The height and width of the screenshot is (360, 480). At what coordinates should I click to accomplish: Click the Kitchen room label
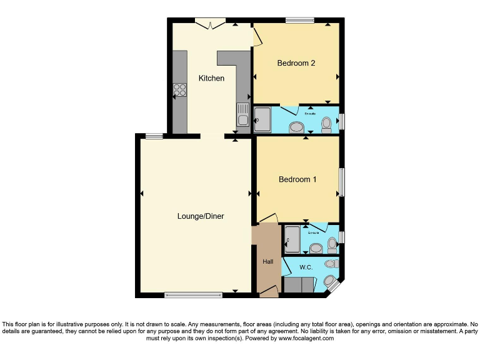(211, 78)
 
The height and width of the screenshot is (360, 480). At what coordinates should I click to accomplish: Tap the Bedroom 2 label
(296, 62)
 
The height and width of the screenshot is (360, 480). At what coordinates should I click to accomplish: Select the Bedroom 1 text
(297, 179)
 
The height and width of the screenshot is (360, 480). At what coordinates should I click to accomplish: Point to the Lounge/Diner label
(200, 216)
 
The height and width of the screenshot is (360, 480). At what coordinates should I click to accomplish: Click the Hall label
(268, 261)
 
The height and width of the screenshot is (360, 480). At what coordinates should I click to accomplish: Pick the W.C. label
(306, 267)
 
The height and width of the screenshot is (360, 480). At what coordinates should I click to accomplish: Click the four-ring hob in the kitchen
(180, 90)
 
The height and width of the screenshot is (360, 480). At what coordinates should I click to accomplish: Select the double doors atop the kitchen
(210, 24)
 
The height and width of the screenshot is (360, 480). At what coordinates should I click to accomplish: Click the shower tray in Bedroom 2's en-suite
(262, 119)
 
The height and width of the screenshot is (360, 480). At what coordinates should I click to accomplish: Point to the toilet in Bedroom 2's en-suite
(326, 126)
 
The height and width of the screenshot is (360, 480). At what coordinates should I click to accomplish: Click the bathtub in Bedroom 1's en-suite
(292, 239)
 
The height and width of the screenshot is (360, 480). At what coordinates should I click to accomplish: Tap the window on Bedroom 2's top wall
(299, 21)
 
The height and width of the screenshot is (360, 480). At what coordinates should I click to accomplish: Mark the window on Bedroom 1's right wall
(342, 182)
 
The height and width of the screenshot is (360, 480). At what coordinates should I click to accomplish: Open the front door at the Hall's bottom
(269, 291)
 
